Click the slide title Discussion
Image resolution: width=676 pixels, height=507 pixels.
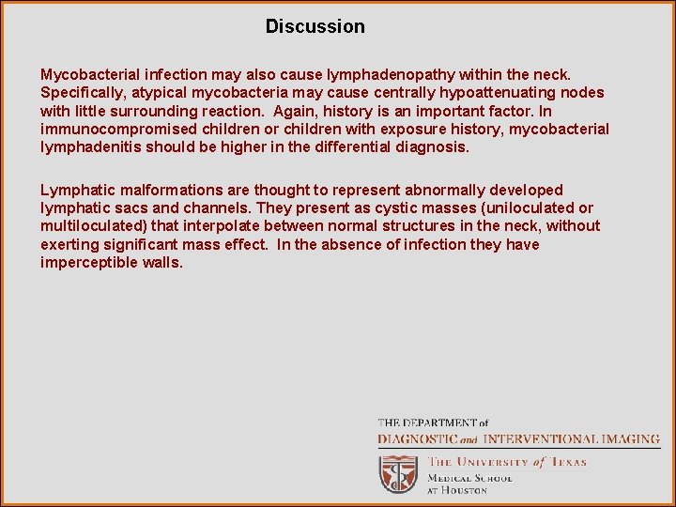tap(315, 26)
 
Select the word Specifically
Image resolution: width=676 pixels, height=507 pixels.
tap(82, 92)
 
